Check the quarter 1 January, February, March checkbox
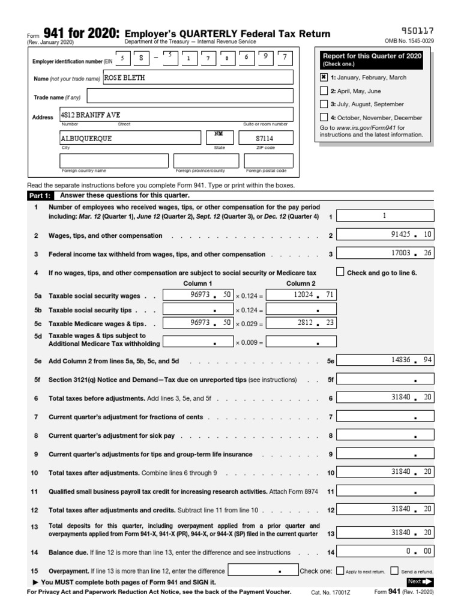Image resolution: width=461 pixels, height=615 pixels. click(x=324, y=77)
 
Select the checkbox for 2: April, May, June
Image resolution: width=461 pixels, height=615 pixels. click(x=324, y=91)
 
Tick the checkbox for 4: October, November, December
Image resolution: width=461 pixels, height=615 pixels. click(x=324, y=118)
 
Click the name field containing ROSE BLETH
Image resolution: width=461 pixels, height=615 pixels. click(x=198, y=77)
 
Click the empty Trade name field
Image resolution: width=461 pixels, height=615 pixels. click(x=190, y=97)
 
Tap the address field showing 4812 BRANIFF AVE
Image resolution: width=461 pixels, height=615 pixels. click(x=176, y=114)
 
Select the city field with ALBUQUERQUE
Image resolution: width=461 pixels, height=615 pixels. click(x=130, y=138)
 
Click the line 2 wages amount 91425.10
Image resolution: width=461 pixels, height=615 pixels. click(x=385, y=235)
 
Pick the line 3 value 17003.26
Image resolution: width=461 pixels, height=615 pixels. click(x=385, y=254)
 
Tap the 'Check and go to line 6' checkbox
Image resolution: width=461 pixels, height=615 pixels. click(x=340, y=271)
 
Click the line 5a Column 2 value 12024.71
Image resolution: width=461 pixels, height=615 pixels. click(x=301, y=295)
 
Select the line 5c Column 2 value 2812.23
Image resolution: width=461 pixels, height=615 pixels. click(x=301, y=323)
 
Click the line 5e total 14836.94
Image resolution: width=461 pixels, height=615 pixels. click(x=385, y=360)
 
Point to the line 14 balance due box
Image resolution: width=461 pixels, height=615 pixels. click(x=385, y=551)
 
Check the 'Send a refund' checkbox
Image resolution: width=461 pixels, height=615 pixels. click(x=394, y=571)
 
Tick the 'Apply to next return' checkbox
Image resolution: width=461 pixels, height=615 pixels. click(x=340, y=571)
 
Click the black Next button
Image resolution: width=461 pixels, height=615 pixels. click(x=420, y=581)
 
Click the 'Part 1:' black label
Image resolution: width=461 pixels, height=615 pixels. click(x=40, y=196)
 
